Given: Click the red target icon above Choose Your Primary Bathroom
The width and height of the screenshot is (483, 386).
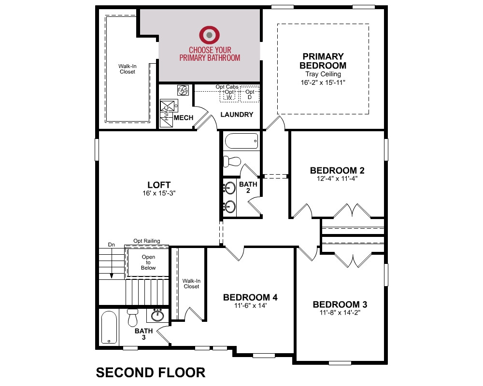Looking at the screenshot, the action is pos(210,35).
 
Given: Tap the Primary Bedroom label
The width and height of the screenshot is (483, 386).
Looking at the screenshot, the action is pos(323,61).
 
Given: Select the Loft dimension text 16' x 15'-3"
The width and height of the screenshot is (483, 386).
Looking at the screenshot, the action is pos(159,193).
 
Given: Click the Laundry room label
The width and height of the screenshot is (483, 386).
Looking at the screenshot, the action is pos(237,114).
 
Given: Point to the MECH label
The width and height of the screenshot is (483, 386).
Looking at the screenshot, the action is pos(184,118).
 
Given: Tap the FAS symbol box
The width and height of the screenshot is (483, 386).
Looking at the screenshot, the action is pos(183,90).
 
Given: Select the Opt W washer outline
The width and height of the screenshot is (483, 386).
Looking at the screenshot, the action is pos(229,95).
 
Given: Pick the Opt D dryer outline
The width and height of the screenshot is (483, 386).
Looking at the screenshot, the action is pos(250,95).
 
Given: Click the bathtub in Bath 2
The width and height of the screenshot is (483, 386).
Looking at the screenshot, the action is pos(241,141).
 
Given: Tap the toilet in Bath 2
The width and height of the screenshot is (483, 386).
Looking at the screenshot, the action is pos(232,161).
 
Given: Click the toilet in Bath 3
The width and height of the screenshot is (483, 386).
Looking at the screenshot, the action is pos(132,317).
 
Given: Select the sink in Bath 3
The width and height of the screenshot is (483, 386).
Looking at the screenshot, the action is pos(157,315).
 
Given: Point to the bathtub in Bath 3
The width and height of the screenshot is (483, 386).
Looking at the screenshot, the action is pos(109,327).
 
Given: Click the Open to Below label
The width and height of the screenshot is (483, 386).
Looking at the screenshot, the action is pos(148,262).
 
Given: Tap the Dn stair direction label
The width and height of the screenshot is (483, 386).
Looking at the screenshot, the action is pos(111,245).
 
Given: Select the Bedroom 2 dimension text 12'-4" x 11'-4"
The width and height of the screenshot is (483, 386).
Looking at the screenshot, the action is pos(337,179).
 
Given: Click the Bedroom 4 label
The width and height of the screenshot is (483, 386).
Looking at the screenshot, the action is pos(250,297).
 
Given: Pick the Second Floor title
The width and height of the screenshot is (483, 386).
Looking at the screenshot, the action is pos(151,372).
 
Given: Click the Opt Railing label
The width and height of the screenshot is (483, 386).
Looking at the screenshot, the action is pos(147,241).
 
